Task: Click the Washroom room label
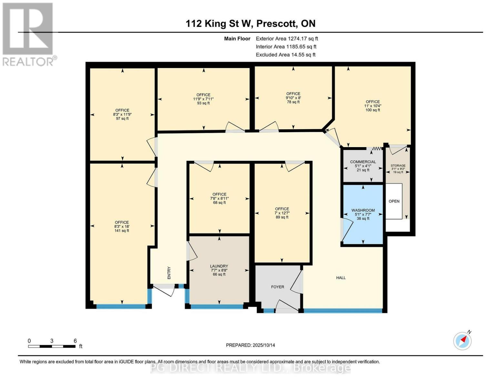coord(363,214)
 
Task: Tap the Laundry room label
coord(219,270)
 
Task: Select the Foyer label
coord(277,287)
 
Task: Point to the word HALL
coord(341,278)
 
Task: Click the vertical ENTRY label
coord(169,273)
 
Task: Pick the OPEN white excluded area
coord(394,201)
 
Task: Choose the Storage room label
coord(398,169)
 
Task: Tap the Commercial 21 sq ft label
coord(363,166)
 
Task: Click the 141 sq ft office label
coord(122,226)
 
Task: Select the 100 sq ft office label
coord(373,106)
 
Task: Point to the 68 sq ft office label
coord(219,198)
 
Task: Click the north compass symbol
coord(462,341)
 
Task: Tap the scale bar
coord(52,346)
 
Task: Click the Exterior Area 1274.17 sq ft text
coord(287,39)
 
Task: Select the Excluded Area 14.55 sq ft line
coord(286,55)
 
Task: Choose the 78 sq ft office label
coord(293,98)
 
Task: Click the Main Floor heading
coord(237,39)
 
